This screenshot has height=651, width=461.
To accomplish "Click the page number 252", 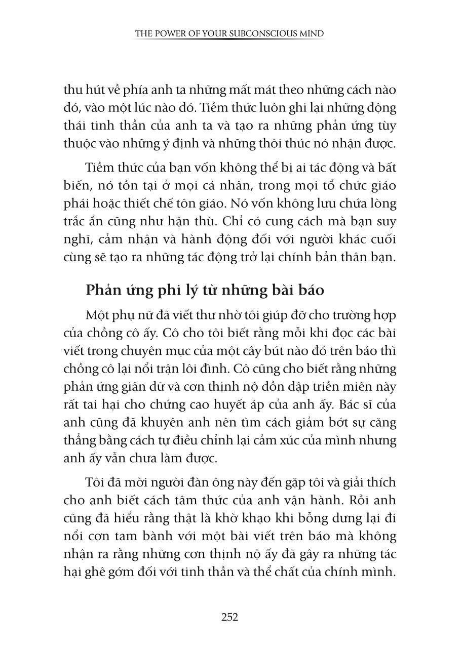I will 230,617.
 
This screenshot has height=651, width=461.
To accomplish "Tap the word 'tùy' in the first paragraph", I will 387,126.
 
